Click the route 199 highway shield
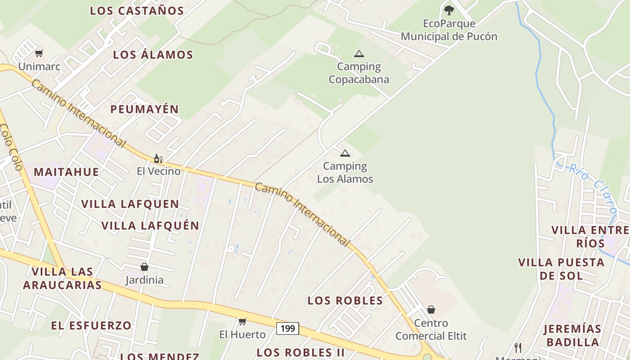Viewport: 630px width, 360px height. (288, 328)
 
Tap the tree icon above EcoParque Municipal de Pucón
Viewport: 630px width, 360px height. (449, 10)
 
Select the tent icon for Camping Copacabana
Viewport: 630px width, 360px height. (359, 54)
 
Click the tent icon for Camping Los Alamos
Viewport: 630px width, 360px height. (345, 153)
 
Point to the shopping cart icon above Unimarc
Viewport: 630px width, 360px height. (39, 53)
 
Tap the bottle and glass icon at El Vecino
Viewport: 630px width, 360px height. (158, 158)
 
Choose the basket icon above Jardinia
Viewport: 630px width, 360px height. (144, 267)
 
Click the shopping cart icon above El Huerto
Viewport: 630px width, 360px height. (243, 321)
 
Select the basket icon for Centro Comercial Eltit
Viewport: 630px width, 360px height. (431, 310)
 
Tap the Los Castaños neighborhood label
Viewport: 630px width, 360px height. (137, 11)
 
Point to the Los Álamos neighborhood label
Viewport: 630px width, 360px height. (153, 55)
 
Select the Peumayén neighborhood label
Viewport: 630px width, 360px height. (144, 109)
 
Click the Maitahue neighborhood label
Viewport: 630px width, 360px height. (66, 172)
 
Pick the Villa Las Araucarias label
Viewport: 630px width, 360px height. (63, 278)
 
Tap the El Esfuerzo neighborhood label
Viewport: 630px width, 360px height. (91, 325)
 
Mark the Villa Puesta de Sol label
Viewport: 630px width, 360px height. (561, 269)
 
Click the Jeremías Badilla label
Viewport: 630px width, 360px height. (572, 335)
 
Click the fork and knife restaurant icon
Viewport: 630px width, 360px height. (518, 347)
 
